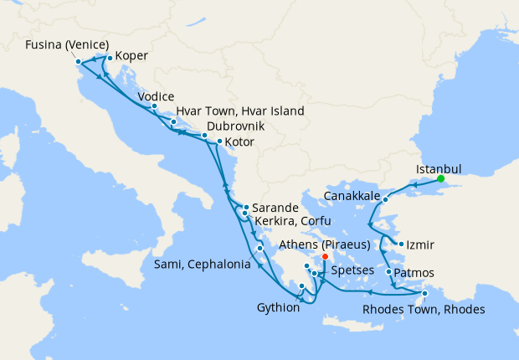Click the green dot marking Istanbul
coord(440,178)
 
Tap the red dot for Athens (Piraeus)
coord(325,257)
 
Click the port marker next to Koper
coord(110,59)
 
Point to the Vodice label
coord(156,96)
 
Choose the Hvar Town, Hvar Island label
coord(239,111)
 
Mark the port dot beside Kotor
coord(219,141)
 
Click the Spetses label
coord(352,272)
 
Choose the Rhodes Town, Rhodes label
coord(424,309)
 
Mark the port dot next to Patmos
coord(388,272)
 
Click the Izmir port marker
coord(402,244)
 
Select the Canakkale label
coord(352,198)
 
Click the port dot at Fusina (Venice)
coord(78,61)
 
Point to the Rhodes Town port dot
coord(424,294)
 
